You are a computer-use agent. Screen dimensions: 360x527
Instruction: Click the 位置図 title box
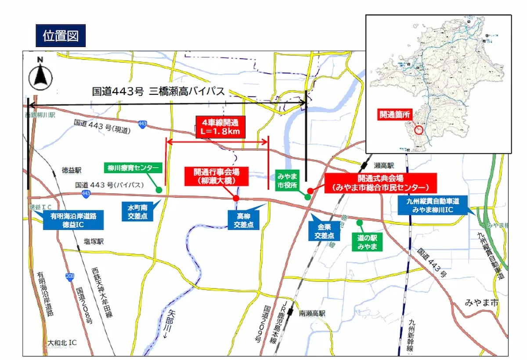tap(61, 36)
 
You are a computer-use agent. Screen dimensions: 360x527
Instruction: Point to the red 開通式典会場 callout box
tap(380, 183)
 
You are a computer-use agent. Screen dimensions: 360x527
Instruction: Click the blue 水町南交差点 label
tap(137, 211)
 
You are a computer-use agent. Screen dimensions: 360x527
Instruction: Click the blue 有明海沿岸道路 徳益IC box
tap(73, 220)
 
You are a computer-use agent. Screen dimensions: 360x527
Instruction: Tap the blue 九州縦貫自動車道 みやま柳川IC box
tap(432, 205)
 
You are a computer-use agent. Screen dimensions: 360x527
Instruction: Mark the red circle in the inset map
tap(419, 130)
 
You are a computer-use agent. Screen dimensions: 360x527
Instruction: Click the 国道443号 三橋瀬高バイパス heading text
tap(159, 91)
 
